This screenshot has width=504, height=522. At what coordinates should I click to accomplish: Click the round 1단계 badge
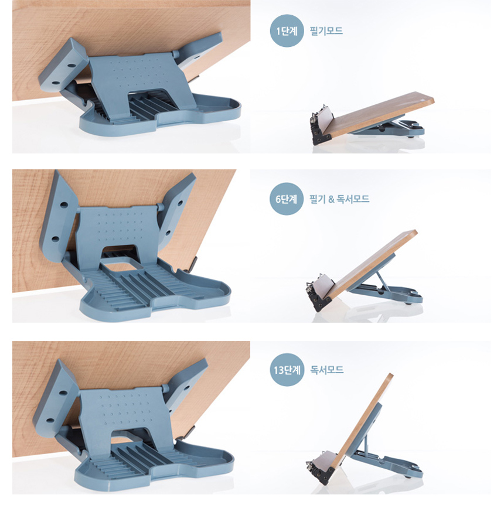(x=287, y=30)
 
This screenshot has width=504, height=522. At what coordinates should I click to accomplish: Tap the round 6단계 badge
(x=287, y=199)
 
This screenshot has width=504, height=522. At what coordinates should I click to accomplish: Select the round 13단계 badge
(x=287, y=370)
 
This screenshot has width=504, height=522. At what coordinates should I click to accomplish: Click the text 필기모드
(x=326, y=31)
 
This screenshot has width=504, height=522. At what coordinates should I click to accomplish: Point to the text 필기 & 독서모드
(x=339, y=199)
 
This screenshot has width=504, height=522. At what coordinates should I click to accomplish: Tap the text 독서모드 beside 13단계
(x=326, y=370)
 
